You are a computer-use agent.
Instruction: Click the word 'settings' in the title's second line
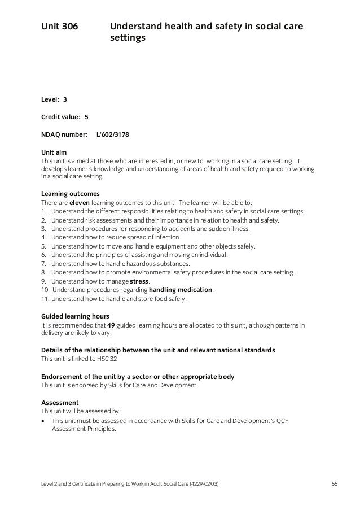[128, 39]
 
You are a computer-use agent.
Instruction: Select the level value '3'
[65, 99]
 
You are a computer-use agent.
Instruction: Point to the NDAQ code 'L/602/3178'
[116, 135]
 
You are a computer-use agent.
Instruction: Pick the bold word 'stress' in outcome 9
[139, 281]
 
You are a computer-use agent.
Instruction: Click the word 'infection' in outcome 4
[164, 237]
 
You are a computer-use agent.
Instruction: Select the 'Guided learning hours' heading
[76, 316]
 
